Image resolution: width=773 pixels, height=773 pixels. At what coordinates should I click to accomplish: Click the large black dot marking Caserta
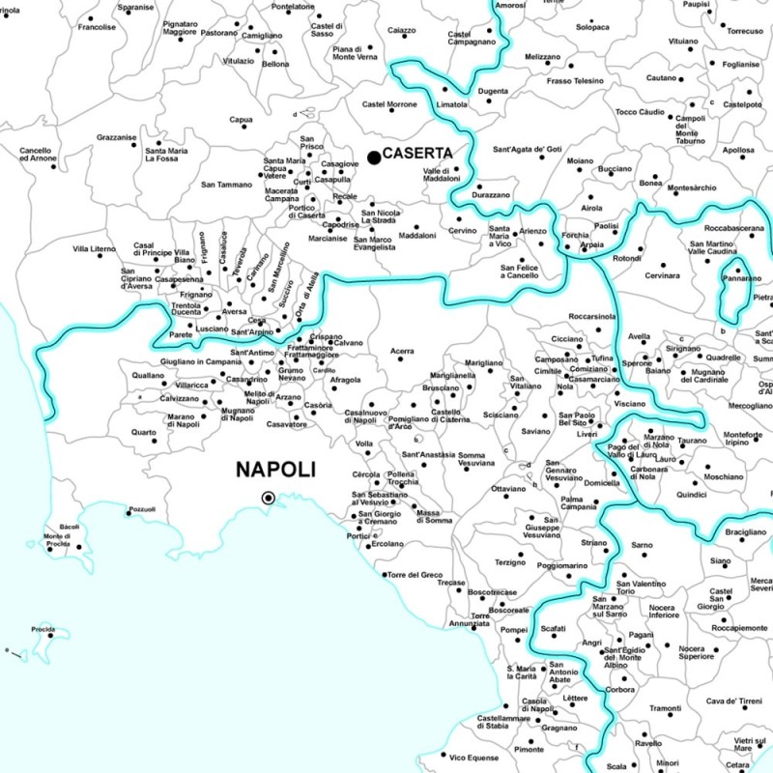point(373,157)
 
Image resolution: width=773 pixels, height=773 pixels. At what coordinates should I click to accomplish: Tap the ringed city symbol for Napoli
point(269,498)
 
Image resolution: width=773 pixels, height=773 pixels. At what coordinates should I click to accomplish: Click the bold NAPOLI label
point(276,471)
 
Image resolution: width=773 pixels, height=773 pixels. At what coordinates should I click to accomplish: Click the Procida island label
point(43,630)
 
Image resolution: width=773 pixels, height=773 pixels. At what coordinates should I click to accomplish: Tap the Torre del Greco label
point(415,575)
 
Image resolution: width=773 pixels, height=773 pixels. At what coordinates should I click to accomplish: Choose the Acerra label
point(401,351)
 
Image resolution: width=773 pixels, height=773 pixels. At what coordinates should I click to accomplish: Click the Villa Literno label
point(94,249)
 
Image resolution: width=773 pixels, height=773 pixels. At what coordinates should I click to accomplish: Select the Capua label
point(241,120)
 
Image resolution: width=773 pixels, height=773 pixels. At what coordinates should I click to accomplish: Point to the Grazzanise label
point(116,137)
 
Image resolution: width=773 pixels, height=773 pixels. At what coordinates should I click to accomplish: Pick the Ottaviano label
point(508,489)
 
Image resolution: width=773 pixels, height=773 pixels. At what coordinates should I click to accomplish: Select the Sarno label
point(642,545)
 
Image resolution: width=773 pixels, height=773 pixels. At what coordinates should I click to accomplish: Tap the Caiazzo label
point(401,31)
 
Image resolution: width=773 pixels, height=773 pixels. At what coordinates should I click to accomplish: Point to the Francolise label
point(97,27)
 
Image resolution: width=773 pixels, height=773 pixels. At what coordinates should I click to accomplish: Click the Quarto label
point(143,432)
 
